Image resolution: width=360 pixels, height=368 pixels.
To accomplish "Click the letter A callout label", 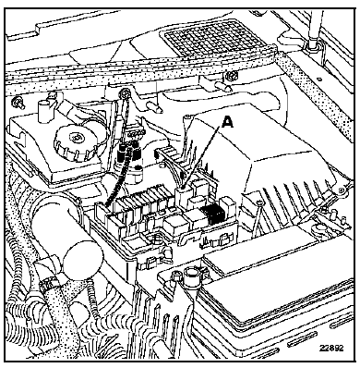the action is coord(227,122).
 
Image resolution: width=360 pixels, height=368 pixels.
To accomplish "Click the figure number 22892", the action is coord(331,348).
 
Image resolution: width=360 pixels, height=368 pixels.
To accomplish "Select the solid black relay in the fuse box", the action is coord(211,214).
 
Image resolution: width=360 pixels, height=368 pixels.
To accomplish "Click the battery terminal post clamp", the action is coord(193,275).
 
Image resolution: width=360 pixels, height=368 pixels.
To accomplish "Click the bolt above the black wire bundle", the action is coord(125,92).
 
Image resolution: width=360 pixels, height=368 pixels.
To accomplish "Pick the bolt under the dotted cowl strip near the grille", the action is coord(232,76).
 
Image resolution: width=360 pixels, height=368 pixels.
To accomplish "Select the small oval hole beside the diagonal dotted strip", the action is coord(320,80).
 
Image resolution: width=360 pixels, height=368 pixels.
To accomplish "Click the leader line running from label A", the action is coord(204,157).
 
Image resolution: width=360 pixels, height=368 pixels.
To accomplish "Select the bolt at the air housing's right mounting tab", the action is coord(340,191).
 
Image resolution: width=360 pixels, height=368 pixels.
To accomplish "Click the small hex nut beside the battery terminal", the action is coord(175,276).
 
